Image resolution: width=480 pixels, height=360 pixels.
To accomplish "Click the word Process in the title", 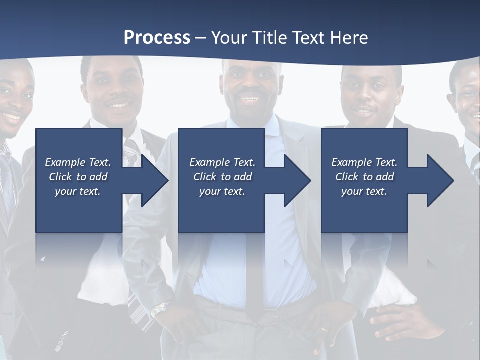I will pyautogui.click(x=157, y=38).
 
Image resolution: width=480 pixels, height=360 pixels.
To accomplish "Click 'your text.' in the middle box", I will pyautogui.click(x=222, y=191).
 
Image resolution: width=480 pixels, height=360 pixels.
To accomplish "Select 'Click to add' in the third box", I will pyautogui.click(x=364, y=177).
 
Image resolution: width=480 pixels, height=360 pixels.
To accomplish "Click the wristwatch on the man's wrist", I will pyautogui.click(x=159, y=310).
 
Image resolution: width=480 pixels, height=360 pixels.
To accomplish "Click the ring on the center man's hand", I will pyautogui.click(x=325, y=330).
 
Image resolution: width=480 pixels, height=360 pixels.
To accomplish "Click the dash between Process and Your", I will pyautogui.click(x=201, y=38).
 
